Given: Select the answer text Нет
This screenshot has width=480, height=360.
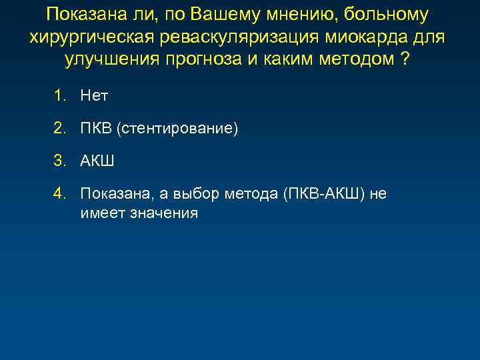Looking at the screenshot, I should tap(94, 96).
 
